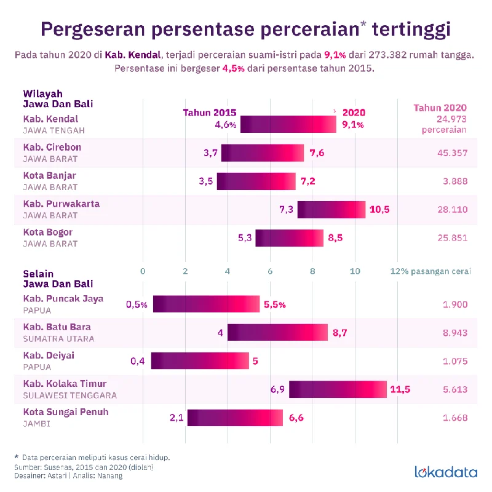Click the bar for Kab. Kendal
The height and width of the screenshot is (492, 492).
pyautogui.click(x=288, y=124)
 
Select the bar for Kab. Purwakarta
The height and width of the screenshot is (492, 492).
pyautogui.click(x=331, y=210)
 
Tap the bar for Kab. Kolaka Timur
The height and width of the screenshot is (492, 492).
pyautogui.click(x=338, y=389)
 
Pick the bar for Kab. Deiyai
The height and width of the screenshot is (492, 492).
pyautogui.click(x=200, y=361)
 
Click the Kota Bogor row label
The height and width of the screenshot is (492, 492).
pyautogui.click(x=48, y=232)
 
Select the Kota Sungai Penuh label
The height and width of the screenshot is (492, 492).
pyautogui.click(x=66, y=412)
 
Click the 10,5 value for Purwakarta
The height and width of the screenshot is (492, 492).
pyautogui.click(x=379, y=210)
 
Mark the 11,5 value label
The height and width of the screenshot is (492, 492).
pyautogui.click(x=400, y=389)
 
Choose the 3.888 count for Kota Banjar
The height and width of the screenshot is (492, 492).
pyautogui.click(x=455, y=181)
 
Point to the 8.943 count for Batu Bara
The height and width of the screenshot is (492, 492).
pyautogui.click(x=455, y=333)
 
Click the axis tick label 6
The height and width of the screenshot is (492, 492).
pyautogui.click(x=270, y=271)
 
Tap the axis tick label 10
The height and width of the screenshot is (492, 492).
pyautogui.click(x=355, y=271)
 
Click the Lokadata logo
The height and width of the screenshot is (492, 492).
pyautogui.click(x=446, y=472)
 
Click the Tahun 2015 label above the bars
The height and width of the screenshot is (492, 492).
pyautogui.click(x=210, y=113)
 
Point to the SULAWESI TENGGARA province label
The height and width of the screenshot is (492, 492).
pyautogui.click(x=69, y=395)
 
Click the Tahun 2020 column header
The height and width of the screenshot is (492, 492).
pyautogui.click(x=440, y=107)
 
